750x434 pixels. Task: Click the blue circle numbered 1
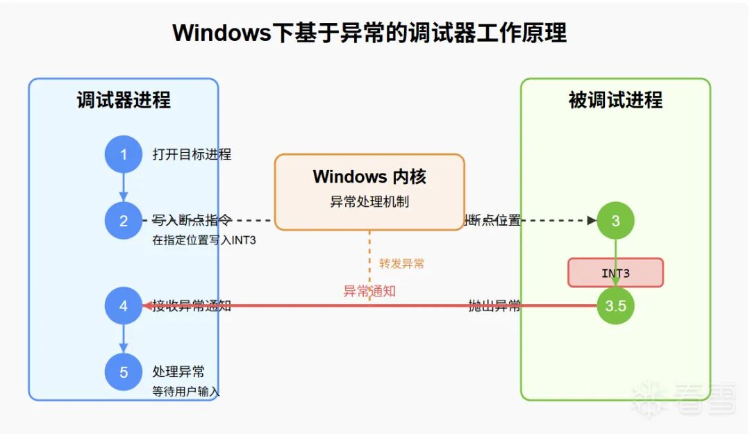coord(124,154)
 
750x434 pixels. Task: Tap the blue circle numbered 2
coord(124,221)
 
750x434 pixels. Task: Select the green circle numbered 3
coord(615,221)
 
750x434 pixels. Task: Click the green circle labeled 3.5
coord(615,306)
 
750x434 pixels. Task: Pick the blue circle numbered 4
coord(124,306)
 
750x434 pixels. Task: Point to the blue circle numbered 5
coord(124,372)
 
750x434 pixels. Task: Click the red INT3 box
coord(615,273)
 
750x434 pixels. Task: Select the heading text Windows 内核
coord(369,176)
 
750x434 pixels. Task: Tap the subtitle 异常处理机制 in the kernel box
coord(369,202)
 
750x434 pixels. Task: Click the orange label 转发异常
coord(401,264)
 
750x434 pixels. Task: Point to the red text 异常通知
coord(369,291)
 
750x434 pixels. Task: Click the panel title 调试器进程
coord(124,101)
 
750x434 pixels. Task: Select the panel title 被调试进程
coord(615,101)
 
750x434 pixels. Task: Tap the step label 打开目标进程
coord(192,154)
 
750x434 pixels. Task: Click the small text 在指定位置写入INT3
coord(199,242)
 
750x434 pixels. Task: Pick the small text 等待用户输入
coord(185,392)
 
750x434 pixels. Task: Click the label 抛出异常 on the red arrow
coord(494,306)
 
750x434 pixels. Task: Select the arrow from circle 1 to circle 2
coord(124,186)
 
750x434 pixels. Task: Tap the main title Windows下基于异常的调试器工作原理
coord(369,33)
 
